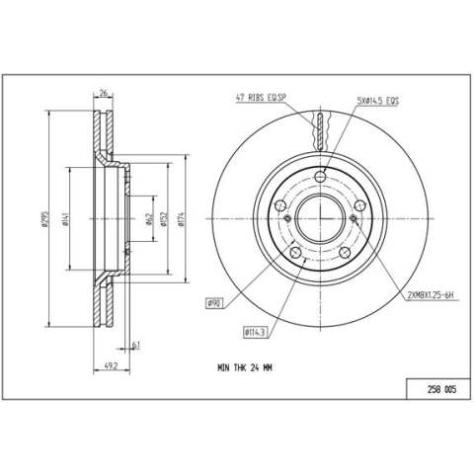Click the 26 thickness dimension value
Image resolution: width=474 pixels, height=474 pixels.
click(x=104, y=94)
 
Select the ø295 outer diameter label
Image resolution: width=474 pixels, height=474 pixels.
click(x=45, y=219)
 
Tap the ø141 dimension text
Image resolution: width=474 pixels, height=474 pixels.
click(x=65, y=219)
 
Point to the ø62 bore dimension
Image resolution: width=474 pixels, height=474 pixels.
click(x=149, y=219)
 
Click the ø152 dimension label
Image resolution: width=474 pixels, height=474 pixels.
click(x=164, y=219)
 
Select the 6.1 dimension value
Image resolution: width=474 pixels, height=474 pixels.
click(x=136, y=345)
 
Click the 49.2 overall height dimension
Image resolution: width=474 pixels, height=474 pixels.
click(x=111, y=366)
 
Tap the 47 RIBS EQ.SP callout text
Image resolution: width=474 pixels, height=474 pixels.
click(x=261, y=98)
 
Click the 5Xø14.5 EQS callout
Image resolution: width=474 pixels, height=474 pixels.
click(x=378, y=101)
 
